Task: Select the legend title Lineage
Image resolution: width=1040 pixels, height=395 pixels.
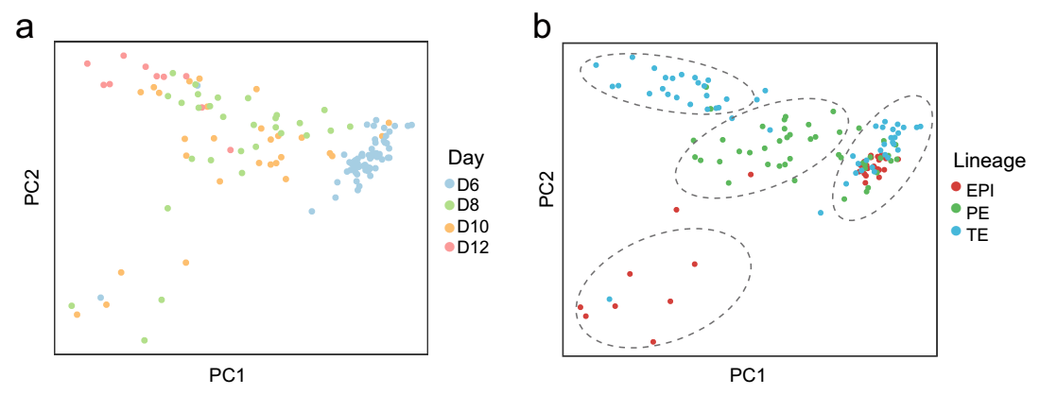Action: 990,161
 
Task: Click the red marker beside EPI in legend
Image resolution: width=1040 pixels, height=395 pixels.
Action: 958,189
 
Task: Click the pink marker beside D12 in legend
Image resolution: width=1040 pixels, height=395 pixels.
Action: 449,249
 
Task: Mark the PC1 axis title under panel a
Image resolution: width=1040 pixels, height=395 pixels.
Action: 230,375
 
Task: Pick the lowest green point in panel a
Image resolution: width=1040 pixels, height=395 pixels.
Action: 144,340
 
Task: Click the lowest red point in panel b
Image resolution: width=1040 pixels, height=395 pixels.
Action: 653,341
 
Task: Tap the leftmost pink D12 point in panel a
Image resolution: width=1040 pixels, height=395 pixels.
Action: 87,63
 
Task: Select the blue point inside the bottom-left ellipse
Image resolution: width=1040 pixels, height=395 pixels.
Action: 610,300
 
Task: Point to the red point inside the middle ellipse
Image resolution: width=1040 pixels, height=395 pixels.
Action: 750,174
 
